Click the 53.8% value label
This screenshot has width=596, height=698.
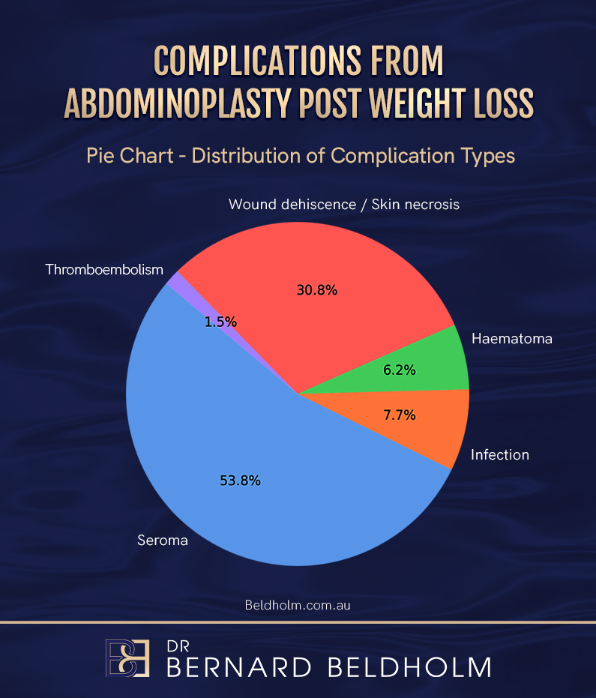pos(240,481)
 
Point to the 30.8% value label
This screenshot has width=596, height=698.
pos(318,290)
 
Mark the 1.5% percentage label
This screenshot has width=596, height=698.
pos(220,322)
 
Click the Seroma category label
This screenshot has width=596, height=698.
pos(162,540)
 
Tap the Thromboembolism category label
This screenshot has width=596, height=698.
pos(104,270)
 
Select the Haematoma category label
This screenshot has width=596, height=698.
pos(512,339)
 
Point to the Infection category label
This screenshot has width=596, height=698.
pos(500,455)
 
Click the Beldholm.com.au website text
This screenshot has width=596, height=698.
pos(298,605)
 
